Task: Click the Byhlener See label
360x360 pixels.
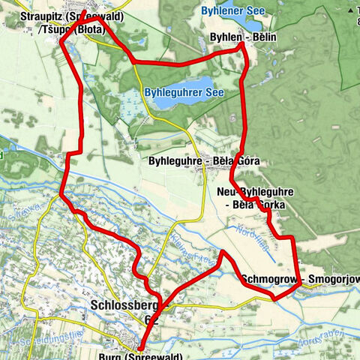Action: click(233, 11)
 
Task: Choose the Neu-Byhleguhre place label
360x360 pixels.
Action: click(255, 193)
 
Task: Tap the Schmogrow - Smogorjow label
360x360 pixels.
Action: click(300, 280)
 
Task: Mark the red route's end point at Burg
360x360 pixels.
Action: click(141, 348)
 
